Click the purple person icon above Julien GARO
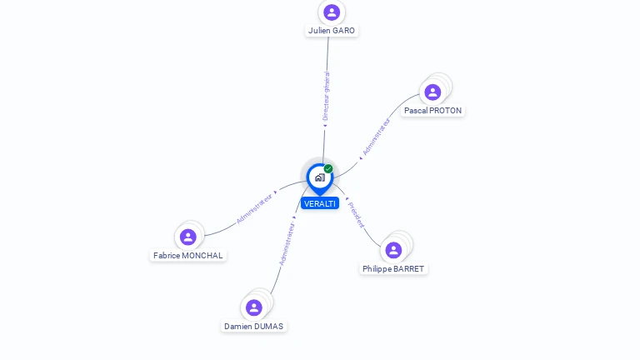click(x=332, y=12)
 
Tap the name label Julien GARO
click(x=332, y=31)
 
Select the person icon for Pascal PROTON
click(x=432, y=92)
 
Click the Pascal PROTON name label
click(x=432, y=110)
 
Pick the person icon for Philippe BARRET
click(x=393, y=250)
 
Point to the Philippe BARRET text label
click(x=393, y=269)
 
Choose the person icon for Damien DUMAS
click(x=254, y=307)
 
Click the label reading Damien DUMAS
click(x=254, y=327)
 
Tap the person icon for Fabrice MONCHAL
click(x=188, y=237)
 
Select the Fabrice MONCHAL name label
click(x=188, y=256)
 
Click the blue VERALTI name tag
click(x=320, y=203)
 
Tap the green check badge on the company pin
click(x=328, y=168)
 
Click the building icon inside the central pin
click(x=319, y=177)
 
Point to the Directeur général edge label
click(x=326, y=97)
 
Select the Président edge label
click(x=356, y=214)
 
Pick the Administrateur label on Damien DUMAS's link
click(x=287, y=244)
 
